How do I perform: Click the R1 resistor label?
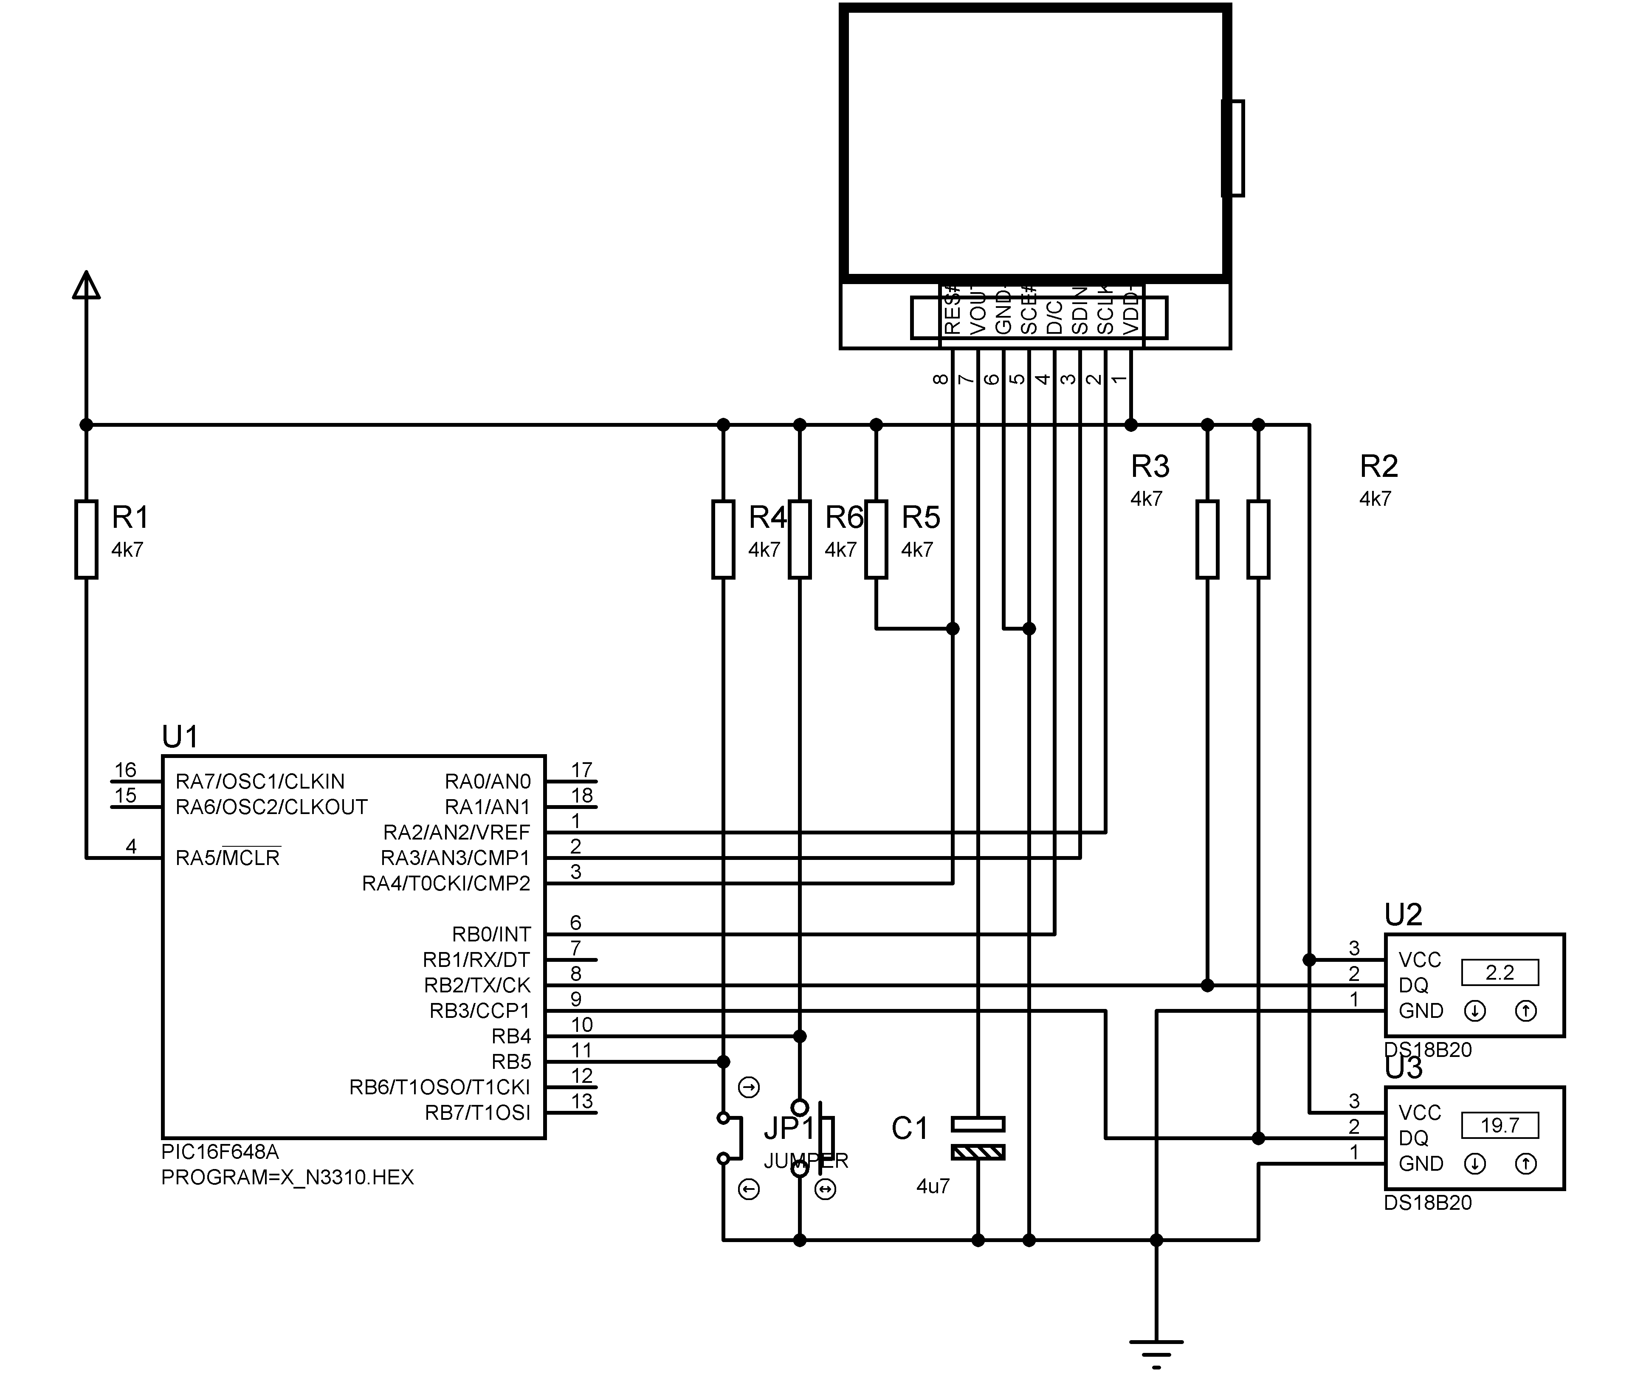(x=130, y=517)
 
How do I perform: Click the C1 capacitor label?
(x=909, y=1128)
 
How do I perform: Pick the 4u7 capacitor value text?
(x=933, y=1186)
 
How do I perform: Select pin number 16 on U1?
(x=125, y=769)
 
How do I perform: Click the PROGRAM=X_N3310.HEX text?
(x=288, y=1177)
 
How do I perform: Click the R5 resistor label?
(x=920, y=517)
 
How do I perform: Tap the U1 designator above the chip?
(x=180, y=737)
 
